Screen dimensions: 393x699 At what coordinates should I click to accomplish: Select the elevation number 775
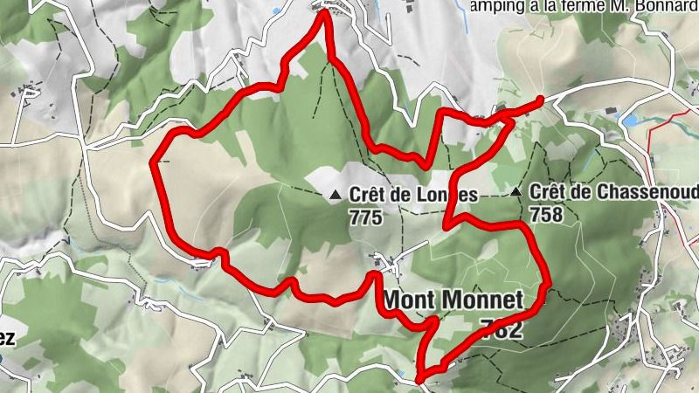point(364,217)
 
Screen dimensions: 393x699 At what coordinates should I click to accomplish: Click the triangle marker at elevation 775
point(336,196)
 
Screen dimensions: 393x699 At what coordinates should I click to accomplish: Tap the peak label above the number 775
point(413,196)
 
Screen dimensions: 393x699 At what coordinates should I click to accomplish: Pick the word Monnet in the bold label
point(483,300)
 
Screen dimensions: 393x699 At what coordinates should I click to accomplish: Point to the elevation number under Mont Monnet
point(502,328)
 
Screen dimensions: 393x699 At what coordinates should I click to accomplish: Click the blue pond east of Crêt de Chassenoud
point(631,119)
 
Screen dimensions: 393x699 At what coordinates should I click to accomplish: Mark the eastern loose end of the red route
point(541,100)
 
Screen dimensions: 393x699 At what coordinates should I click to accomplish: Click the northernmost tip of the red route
point(325,10)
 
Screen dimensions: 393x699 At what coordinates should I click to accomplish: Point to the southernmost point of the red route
point(419,379)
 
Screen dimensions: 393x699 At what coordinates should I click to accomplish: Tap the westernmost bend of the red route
point(156,162)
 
